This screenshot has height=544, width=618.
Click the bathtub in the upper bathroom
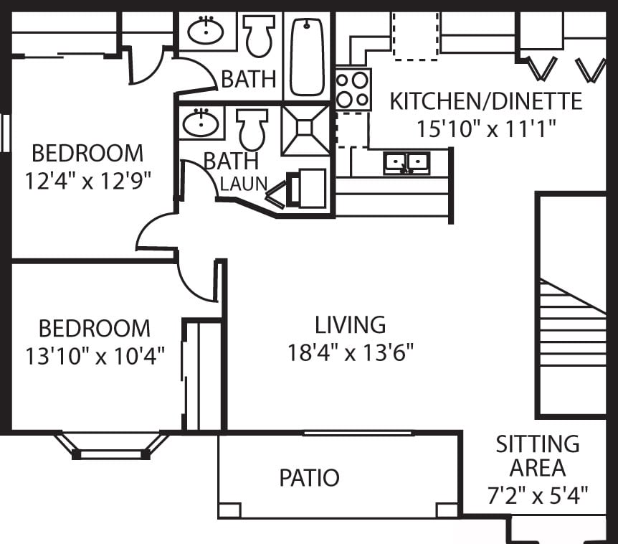(308, 57)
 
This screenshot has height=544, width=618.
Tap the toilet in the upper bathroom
(259, 36)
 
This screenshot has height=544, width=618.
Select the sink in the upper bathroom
(206, 31)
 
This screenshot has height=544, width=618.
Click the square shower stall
(305, 129)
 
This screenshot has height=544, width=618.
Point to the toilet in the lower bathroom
(252, 128)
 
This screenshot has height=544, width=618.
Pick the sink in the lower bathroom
(201, 123)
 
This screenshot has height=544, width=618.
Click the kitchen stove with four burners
(353, 89)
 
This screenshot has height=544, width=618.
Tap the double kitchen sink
(406, 163)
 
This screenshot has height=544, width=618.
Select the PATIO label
(309, 477)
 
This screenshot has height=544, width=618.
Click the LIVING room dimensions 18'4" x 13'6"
(351, 353)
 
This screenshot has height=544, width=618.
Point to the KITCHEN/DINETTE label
(485, 101)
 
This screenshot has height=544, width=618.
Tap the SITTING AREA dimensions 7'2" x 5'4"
(538, 494)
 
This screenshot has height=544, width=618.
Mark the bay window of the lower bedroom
(111, 447)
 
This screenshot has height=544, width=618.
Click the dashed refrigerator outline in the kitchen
(415, 36)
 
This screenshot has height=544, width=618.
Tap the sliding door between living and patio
(358, 433)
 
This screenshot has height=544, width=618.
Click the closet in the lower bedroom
(203, 375)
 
